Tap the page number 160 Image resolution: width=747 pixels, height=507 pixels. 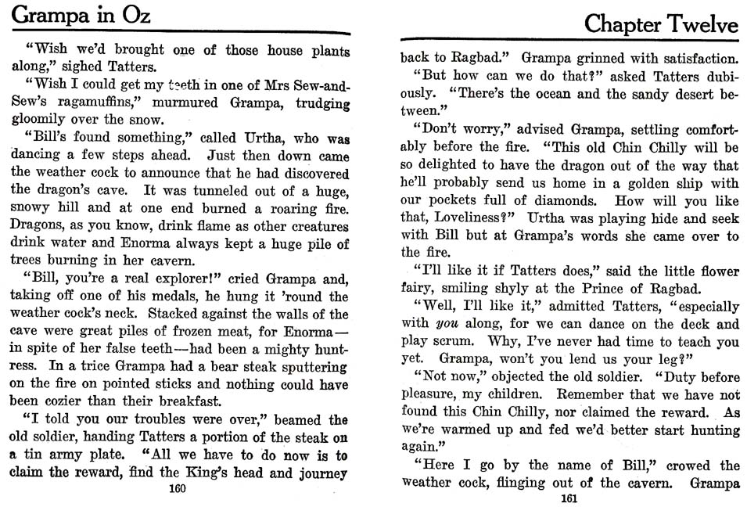pyautogui.click(x=178, y=490)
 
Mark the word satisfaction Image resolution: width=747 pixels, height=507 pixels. pyautogui.click(x=688, y=57)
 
